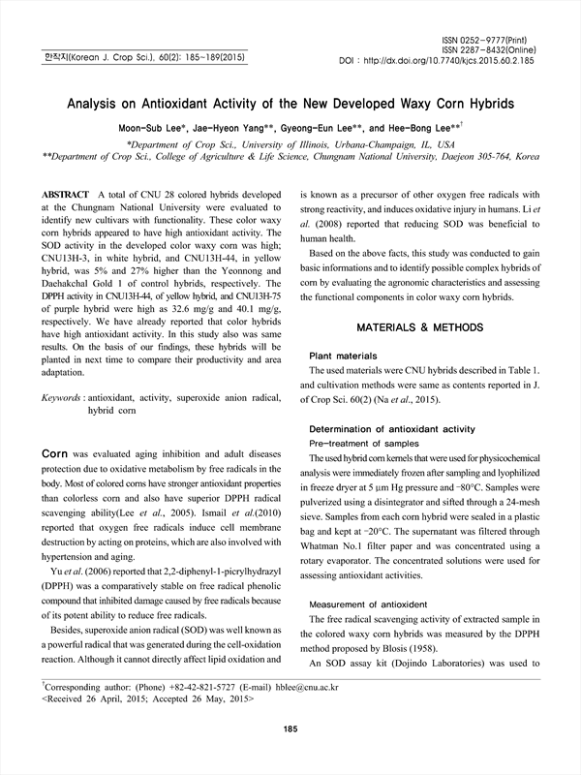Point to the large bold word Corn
pos(54,452)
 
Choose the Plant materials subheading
pos(342,356)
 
